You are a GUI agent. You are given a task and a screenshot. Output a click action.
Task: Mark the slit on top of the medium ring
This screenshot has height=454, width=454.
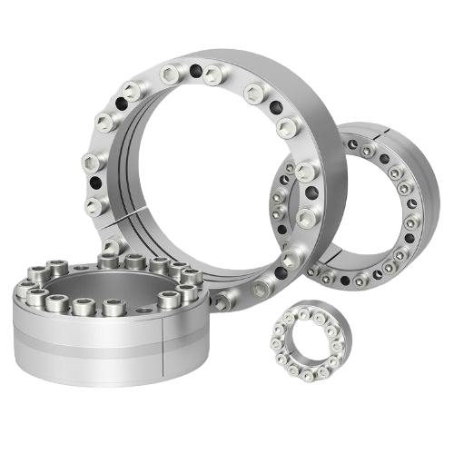367,138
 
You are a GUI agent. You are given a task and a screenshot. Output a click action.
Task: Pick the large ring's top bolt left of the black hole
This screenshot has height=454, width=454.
170,72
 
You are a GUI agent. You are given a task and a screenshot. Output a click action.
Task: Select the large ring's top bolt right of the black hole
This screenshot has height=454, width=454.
214,73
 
